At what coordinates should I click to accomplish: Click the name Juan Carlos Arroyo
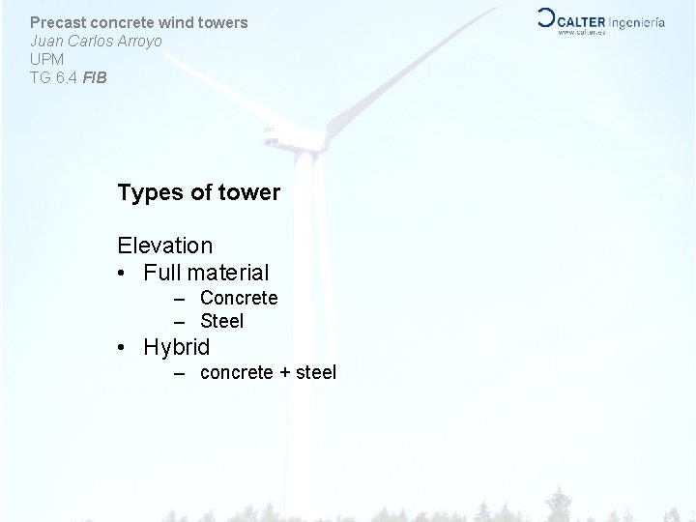(96, 41)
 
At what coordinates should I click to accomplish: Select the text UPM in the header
(46, 58)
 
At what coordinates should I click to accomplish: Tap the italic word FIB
(95, 75)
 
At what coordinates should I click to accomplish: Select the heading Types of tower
(198, 192)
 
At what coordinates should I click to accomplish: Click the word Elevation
(164, 246)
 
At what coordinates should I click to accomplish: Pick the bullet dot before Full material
(124, 274)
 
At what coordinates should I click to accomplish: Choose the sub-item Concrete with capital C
(238, 298)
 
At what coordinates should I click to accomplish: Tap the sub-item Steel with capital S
(221, 320)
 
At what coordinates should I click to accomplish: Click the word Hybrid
(176, 346)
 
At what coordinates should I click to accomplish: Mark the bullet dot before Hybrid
(124, 346)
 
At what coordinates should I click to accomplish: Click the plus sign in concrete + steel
(284, 372)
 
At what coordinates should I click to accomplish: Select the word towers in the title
(219, 22)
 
